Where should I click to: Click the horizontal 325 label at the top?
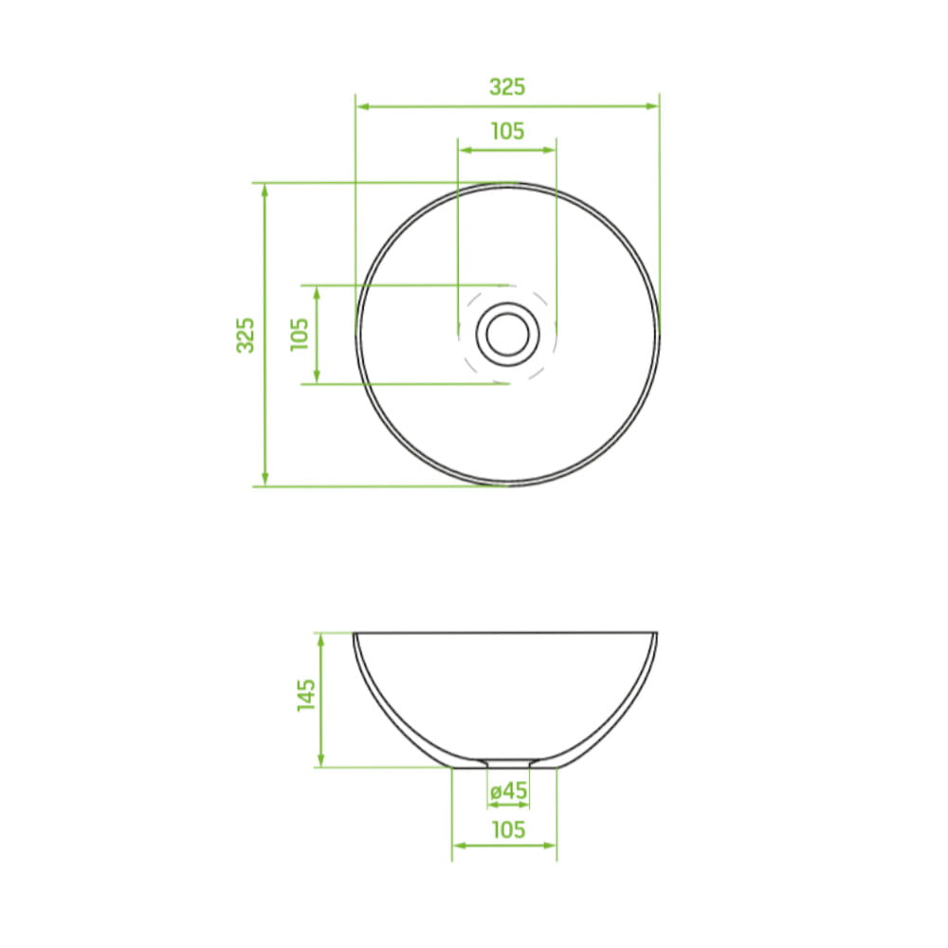click(507, 87)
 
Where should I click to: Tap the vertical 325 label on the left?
click(246, 335)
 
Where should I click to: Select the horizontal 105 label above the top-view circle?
click(507, 131)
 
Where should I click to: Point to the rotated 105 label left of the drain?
click(300, 334)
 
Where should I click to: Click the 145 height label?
click(306, 695)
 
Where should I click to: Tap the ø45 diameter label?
click(508, 791)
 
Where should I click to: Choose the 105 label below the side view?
click(508, 829)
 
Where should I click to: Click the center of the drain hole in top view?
click(508, 335)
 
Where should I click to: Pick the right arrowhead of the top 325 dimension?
click(652, 106)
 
